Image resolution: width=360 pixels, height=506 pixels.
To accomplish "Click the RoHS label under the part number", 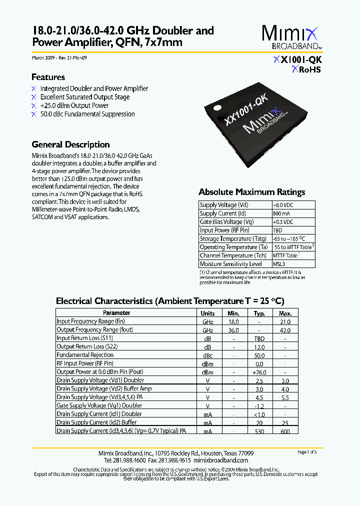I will [306, 70].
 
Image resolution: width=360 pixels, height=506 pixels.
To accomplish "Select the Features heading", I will [48, 77].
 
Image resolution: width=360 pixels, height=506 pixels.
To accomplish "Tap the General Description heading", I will [70, 144].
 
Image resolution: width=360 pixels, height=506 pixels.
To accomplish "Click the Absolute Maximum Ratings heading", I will [251, 192].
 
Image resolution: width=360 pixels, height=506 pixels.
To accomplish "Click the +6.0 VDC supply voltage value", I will [283, 205].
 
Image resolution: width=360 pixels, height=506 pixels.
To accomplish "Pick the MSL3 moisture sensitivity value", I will [278, 264].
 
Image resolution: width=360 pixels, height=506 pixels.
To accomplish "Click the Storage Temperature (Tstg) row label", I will [233, 239].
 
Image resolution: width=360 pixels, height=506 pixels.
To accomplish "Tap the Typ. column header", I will [259, 313].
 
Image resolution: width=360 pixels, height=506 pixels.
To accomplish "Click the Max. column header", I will [285, 313].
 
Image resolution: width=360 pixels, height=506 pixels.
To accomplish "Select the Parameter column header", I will [116, 313].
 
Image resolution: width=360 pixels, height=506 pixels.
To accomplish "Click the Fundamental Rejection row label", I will [85, 355].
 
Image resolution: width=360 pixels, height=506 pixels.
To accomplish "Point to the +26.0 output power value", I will [259, 372].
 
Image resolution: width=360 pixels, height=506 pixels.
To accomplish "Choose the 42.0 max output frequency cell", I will [285, 330].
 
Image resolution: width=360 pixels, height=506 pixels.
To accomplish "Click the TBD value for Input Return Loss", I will [259, 338].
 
